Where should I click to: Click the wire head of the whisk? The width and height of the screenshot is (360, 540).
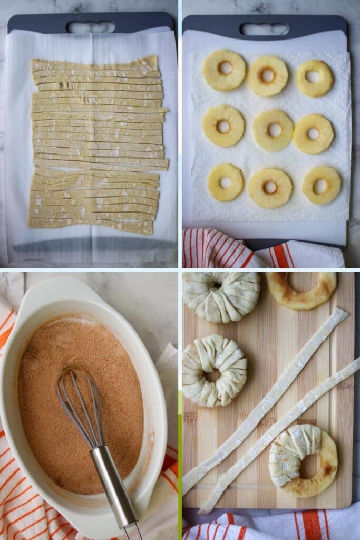pos(79,403)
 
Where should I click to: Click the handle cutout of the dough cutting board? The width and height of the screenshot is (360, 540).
pos(91,27)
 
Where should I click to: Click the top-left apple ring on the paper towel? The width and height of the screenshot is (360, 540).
pos(225,70)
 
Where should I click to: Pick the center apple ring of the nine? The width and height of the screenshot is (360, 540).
pos(274,130)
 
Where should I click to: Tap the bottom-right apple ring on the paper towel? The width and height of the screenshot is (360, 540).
pos(322,185)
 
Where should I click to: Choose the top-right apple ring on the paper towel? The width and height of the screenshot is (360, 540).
pos(315,78)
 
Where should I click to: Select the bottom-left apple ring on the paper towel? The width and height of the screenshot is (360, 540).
pos(226,182)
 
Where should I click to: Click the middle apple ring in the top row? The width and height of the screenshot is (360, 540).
pos(267,76)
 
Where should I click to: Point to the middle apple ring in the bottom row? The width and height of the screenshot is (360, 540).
pos(270,188)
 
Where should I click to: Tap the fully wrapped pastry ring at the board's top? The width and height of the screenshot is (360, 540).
pos(221,296)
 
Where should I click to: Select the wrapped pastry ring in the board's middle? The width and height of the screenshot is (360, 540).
pos(214,370)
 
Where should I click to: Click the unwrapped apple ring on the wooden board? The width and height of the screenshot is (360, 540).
pos(301,290)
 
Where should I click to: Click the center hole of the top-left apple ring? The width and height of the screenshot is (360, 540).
pos(225,67)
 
